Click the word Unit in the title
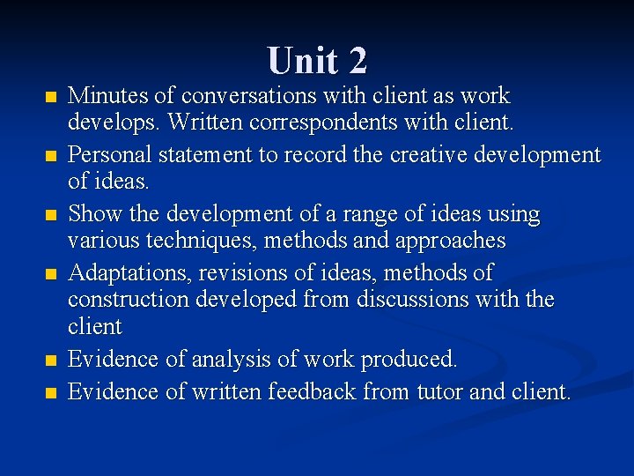tap(301, 61)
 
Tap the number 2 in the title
tap(357, 61)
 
